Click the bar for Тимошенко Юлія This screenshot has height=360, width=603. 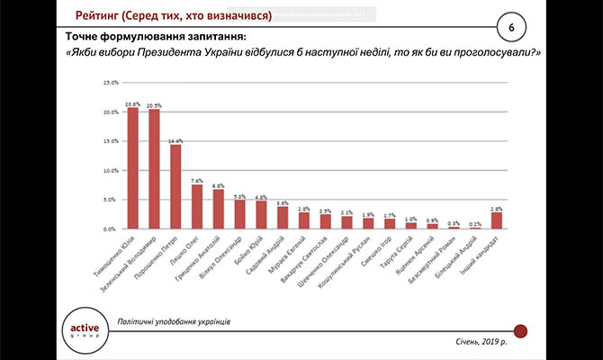pos(133,168)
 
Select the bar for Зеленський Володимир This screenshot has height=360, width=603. pos(155,169)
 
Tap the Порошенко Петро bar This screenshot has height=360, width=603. pos(176,187)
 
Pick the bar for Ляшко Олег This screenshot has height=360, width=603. pos(198,207)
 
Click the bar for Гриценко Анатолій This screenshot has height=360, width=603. pos(219,210)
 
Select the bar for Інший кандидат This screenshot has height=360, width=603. pos(497,221)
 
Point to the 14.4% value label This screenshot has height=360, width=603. pos(176,140)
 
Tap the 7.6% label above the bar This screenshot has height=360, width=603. pos(198,180)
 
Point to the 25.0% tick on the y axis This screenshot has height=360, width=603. pos(111,83)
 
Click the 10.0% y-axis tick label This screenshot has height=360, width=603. pos(111,171)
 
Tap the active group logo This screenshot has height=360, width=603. pos(84,328)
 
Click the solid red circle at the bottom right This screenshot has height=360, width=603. pos(519,331)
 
